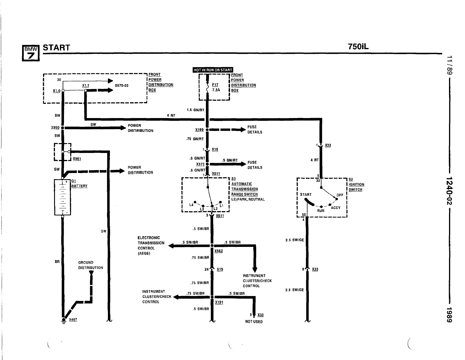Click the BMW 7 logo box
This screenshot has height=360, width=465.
coord(31,53)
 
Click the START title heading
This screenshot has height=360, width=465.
coord(56,47)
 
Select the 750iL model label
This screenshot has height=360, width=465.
coord(358,47)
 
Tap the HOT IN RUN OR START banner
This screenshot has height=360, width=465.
coord(213,70)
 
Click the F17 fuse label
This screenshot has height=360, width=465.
coord(215,85)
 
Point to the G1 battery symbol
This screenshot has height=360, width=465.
coord(63,197)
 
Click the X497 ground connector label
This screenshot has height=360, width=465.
coord(73,319)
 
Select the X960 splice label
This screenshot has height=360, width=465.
coord(55,127)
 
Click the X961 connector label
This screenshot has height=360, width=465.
coord(77,159)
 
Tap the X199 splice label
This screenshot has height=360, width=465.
coord(199,130)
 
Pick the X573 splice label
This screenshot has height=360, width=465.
coord(200,164)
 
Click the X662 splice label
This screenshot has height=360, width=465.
coord(218,251)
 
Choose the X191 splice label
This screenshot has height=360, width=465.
coord(219,302)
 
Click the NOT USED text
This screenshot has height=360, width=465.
coord(254,322)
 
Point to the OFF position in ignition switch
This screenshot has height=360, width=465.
coord(340,195)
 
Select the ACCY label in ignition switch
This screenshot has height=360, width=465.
coord(336,208)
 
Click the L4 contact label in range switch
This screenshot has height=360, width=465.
coord(191,205)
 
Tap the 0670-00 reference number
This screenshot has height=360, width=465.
coord(122,85)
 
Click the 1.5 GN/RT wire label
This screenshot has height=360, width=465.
coord(195,110)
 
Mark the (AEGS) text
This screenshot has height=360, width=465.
coord(144,253)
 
